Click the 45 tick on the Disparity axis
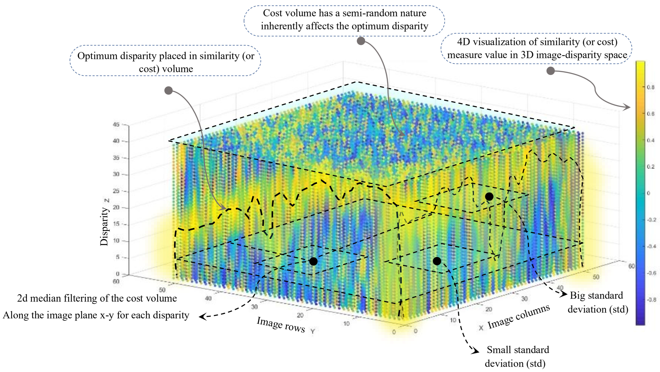point(116,125)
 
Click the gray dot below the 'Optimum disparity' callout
point(168,90)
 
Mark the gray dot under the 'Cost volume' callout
point(361,41)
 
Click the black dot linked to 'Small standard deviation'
point(437,261)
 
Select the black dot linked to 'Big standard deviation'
point(489,197)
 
